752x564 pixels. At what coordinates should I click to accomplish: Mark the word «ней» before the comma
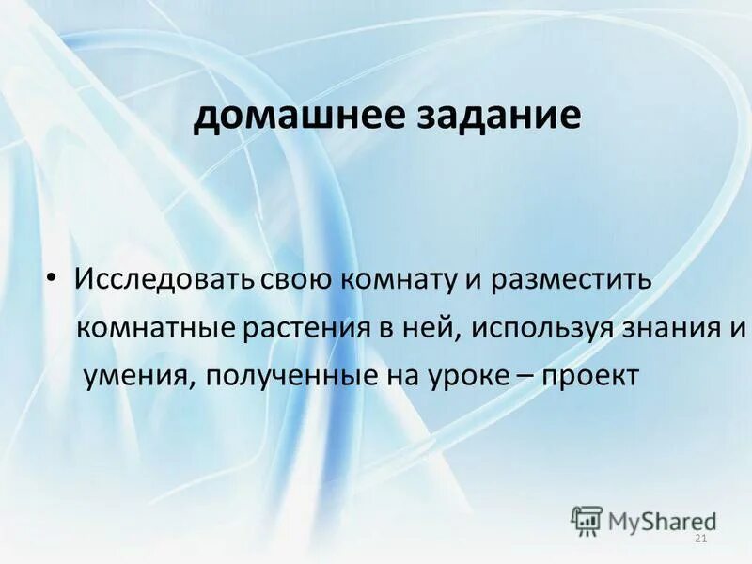tap(436, 328)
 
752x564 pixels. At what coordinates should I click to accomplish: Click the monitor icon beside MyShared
tap(587, 519)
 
